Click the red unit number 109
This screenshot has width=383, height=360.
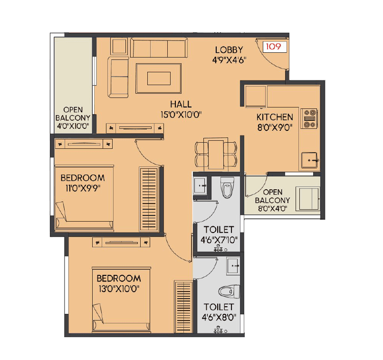(x=273, y=47)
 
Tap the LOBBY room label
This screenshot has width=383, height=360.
(x=229, y=50)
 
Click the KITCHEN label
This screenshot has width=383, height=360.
(x=275, y=117)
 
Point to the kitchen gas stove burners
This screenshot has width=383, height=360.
(x=310, y=119)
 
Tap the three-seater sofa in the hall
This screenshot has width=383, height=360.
(x=158, y=48)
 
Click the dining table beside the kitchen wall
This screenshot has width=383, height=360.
(x=216, y=153)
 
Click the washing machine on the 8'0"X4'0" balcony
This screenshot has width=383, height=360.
(x=307, y=198)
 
